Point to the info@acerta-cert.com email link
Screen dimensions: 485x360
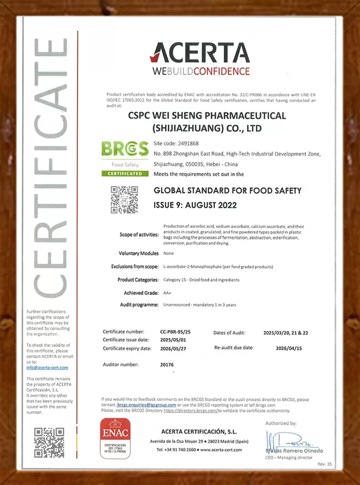click(47, 367)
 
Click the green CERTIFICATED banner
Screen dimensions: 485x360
click(125, 173)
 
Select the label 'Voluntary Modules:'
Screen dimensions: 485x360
click(138, 253)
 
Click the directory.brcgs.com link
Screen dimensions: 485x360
click(190, 411)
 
